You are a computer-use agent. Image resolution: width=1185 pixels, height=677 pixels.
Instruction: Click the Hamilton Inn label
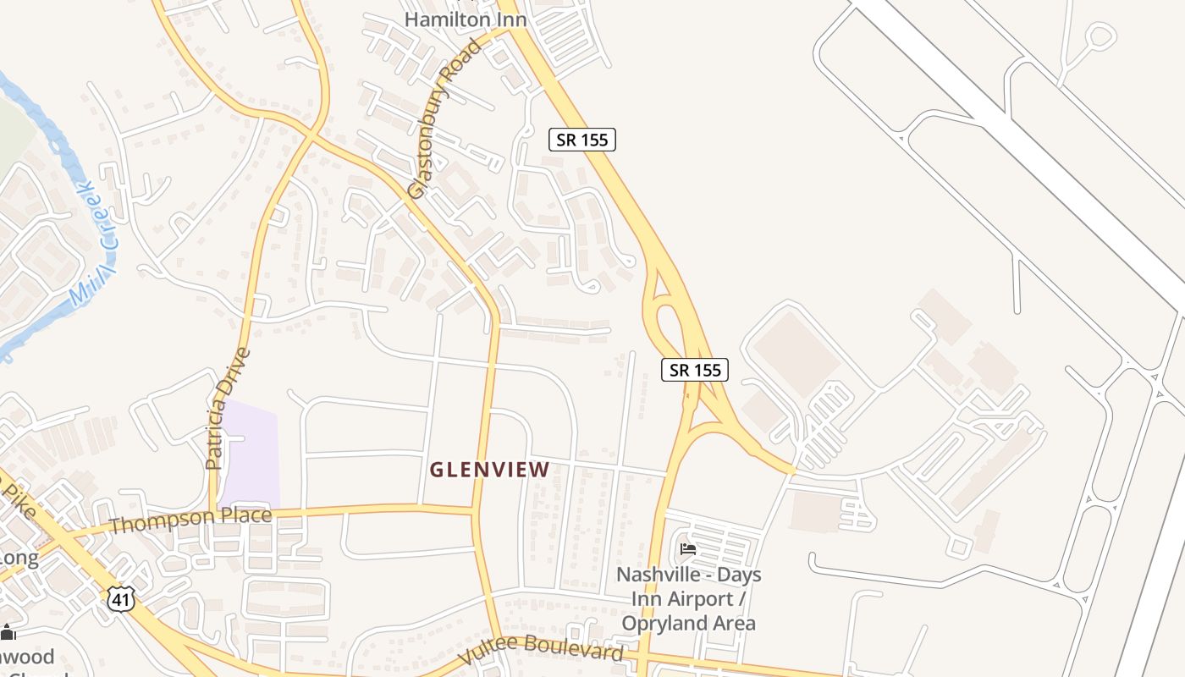pyautogui.click(x=465, y=19)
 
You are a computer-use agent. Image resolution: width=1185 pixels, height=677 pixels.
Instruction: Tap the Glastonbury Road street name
pyautogui.click(x=444, y=119)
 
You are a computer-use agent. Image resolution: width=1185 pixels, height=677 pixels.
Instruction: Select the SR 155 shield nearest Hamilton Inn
pyautogui.click(x=582, y=140)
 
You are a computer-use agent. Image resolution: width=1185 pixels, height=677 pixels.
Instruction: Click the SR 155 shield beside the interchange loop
pyautogui.click(x=695, y=369)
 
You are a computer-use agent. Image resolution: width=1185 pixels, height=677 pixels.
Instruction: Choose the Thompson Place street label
pyautogui.click(x=190, y=520)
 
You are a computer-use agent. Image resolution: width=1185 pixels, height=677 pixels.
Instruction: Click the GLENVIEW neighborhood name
pyautogui.click(x=490, y=469)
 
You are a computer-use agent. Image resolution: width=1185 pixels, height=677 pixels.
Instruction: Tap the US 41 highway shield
pyautogui.click(x=120, y=599)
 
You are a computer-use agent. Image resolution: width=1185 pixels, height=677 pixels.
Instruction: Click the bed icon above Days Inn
pyautogui.click(x=688, y=549)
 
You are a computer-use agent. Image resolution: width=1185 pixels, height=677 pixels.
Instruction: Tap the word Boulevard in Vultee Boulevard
pyautogui.click(x=575, y=649)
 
